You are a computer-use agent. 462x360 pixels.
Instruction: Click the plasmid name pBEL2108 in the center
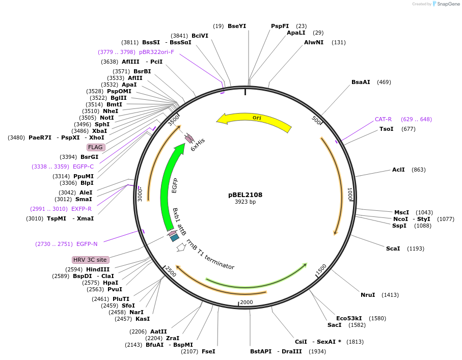245,195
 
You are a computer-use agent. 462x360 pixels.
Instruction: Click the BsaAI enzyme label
361,82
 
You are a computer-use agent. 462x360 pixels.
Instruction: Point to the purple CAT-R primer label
383,119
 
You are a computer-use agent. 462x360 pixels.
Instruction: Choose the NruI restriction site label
368,295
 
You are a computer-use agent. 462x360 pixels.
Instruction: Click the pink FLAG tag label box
96,147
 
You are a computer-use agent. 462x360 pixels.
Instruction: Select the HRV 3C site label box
90,260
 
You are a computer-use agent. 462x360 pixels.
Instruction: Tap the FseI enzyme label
208,351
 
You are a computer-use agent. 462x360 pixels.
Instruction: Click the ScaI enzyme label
393,248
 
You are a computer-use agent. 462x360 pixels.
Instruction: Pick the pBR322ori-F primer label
156,52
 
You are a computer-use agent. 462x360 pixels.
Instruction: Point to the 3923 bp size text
245,202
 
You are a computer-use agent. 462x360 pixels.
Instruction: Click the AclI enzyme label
398,170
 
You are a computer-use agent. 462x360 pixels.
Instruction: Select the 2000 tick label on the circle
247,302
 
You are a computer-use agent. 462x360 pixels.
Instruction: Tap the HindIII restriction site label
98,269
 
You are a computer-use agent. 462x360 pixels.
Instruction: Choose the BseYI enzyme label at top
237,26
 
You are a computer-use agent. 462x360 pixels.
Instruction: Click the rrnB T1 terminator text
210,255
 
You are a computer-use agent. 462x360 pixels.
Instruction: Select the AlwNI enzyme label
314,42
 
